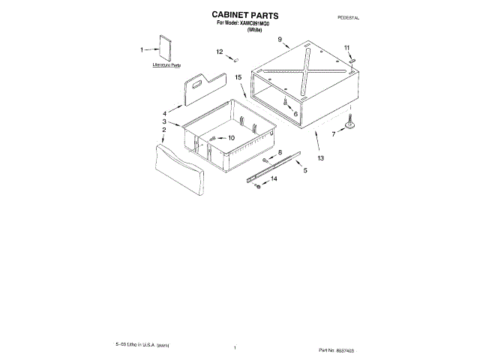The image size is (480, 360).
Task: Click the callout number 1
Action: (x=142, y=50)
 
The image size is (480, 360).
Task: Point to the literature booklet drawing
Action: (x=164, y=48)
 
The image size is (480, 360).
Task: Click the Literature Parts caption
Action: (x=166, y=67)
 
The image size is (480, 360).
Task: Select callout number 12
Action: (x=220, y=52)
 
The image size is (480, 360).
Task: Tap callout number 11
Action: (x=347, y=48)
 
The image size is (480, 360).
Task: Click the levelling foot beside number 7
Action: (x=350, y=125)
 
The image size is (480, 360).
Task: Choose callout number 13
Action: (x=321, y=159)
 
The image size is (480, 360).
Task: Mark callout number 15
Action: (x=237, y=77)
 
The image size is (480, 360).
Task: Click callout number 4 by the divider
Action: (x=164, y=113)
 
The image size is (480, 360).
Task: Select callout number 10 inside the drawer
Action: (x=231, y=138)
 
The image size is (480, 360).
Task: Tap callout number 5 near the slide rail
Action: (x=305, y=171)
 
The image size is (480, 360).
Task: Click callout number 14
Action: (x=274, y=179)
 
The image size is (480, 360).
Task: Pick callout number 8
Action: (x=280, y=152)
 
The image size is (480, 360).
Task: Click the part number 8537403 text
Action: (x=430, y=350)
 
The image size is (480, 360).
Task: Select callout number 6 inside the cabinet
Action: (x=295, y=114)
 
